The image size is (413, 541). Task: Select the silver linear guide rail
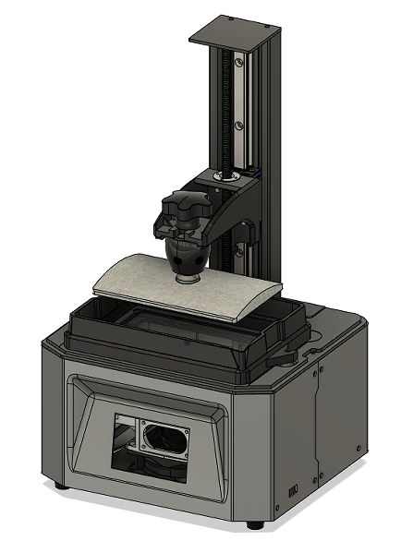click(239, 111)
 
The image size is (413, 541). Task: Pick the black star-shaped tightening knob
click(181, 208)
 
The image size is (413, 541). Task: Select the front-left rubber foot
click(61, 485)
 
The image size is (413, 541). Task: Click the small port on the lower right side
click(293, 488)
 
